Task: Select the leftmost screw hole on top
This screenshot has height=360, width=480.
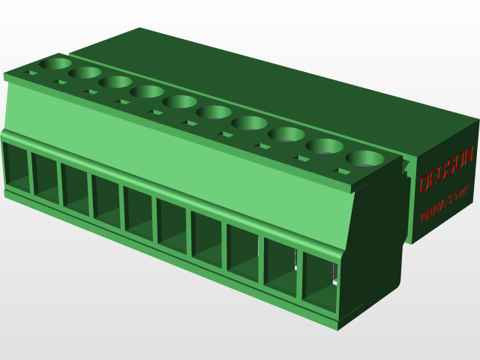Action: [x=54, y=64]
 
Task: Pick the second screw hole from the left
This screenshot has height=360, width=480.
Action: [x=84, y=73]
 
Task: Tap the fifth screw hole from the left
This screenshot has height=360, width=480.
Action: [x=180, y=101]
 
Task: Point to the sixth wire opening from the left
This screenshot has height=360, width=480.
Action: [x=172, y=224]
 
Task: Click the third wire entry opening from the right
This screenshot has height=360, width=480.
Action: [x=242, y=250]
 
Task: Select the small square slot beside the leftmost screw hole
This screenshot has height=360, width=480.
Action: [x=32, y=73]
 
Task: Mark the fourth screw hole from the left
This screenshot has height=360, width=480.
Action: [x=147, y=91]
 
